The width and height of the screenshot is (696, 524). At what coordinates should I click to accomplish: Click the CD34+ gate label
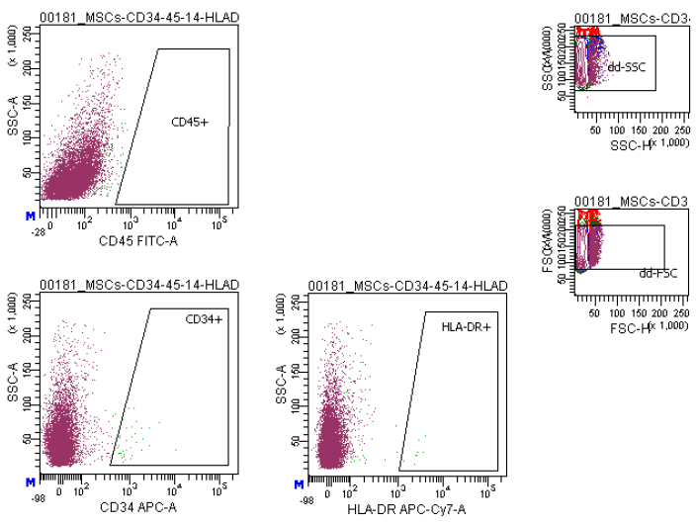click(x=206, y=319)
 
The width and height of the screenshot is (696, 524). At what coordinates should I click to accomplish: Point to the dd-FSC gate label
click(x=657, y=273)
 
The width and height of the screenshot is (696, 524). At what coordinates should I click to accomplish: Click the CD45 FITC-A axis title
click(x=130, y=239)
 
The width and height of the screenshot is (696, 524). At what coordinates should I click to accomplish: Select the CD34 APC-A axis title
click(x=129, y=508)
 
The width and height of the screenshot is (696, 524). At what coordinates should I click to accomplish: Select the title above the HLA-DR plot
click(x=407, y=286)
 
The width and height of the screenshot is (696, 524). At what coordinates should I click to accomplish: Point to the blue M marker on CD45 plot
click(x=31, y=214)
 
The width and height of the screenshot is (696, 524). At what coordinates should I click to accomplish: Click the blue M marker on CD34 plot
click(x=31, y=481)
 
